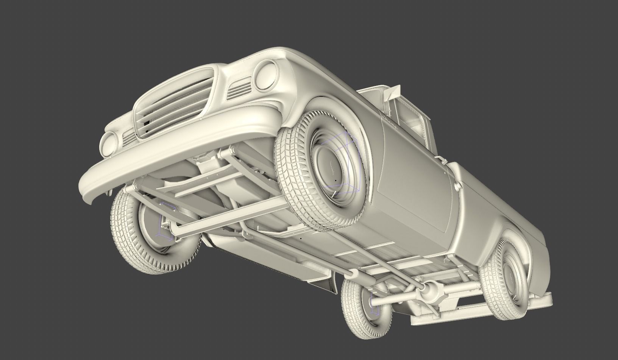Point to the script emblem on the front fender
pyautogui.click(x=389, y=122)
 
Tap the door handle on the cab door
pyautogui.click(x=446, y=171)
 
